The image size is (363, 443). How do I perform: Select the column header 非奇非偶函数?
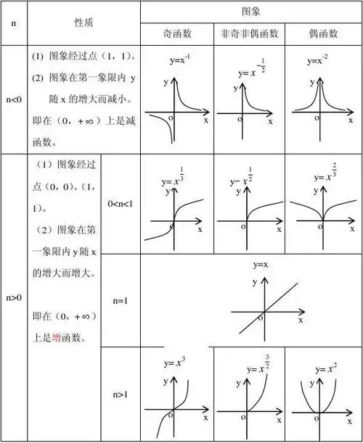pyautogui.click(x=248, y=34)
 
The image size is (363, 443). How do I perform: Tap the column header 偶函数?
pyautogui.click(x=322, y=34)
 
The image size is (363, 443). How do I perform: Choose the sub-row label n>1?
pyautogui.click(x=120, y=394)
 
